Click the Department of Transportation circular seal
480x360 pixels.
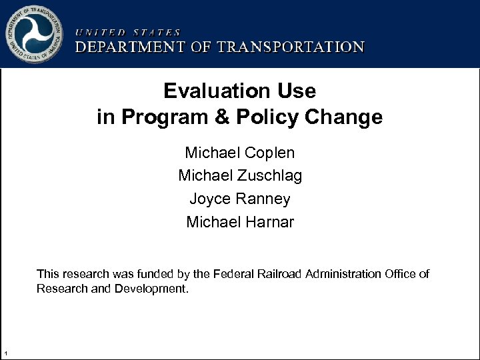pos(35,33)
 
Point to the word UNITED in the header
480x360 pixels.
pos(100,31)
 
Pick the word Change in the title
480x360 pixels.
pos(349,117)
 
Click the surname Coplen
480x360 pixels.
pos(269,153)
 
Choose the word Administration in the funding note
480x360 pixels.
pos(343,274)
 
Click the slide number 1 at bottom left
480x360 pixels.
pos(5,353)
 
